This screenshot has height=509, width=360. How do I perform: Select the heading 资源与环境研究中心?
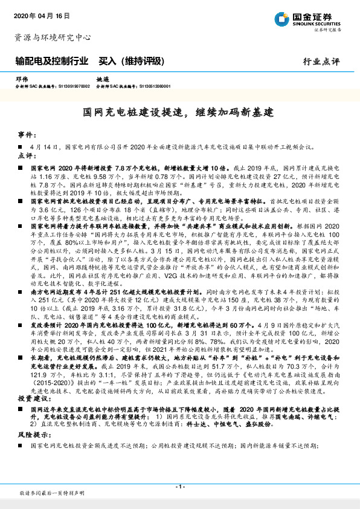coord(53,37)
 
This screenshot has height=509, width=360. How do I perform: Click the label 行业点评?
coord(322,62)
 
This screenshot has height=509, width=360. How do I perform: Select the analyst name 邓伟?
coord(22,79)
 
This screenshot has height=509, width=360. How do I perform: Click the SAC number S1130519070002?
coord(69,86)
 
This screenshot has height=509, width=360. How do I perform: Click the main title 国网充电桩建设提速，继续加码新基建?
coord(179,112)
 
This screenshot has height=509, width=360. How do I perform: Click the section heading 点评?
coord(27,155)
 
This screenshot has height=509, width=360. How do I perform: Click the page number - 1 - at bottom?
coord(179,486)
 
